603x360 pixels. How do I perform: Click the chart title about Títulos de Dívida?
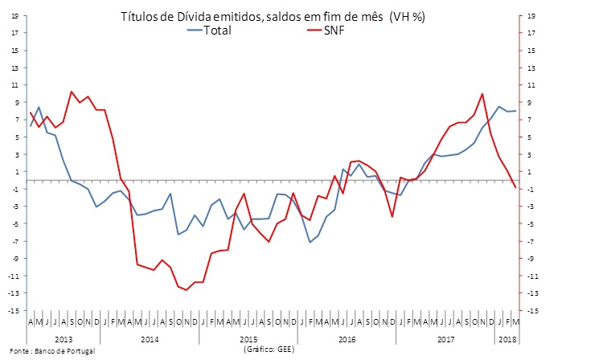(x=272, y=16)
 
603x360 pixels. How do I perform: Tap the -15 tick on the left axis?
(x=14, y=310)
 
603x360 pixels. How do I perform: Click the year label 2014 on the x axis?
(x=149, y=339)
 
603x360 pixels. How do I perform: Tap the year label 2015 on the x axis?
(x=248, y=339)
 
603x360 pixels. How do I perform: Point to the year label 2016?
(x=347, y=339)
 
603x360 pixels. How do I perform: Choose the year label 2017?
(x=446, y=339)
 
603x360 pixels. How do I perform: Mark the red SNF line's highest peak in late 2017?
(x=482, y=94)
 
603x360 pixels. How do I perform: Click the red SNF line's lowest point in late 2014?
(x=187, y=289)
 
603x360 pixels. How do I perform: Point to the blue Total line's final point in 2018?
(x=515, y=111)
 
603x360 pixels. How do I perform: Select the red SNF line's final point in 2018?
(x=515, y=187)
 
